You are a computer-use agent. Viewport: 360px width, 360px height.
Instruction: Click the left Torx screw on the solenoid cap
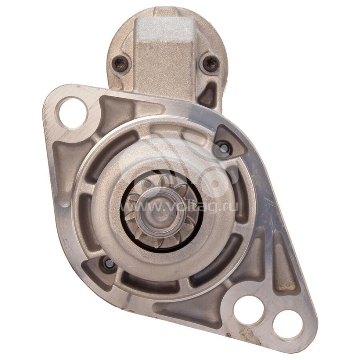coord(119,62)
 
